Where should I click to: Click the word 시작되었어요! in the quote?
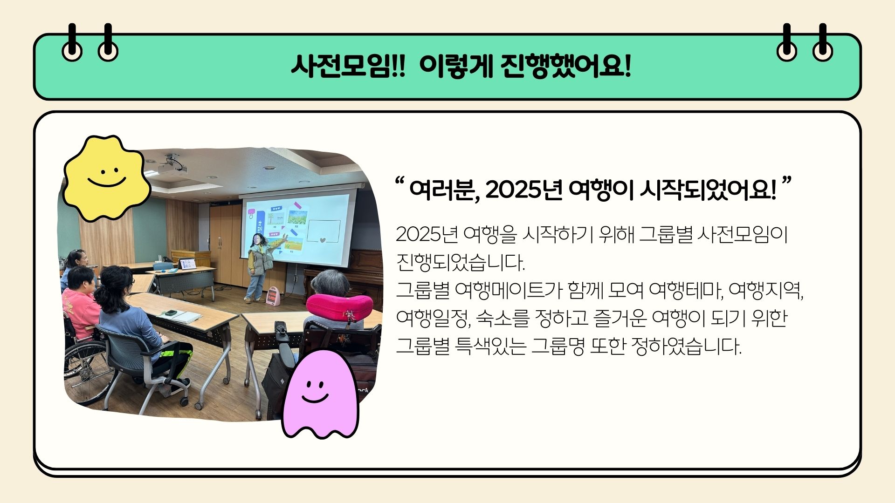708,190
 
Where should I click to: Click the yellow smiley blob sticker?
106,177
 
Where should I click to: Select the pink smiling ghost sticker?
320,394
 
